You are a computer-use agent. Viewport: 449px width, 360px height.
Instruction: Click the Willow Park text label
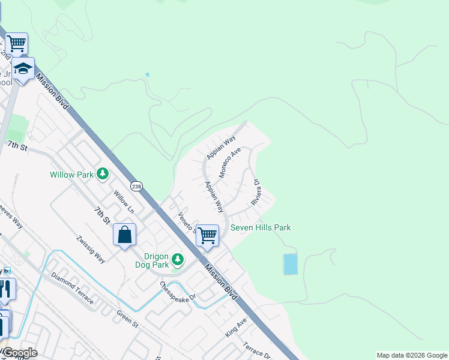pyautogui.click(x=71, y=175)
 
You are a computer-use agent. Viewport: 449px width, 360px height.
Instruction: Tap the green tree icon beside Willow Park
pyautogui.click(x=103, y=174)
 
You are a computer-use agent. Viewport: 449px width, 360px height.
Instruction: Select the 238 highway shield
pyautogui.click(x=137, y=187)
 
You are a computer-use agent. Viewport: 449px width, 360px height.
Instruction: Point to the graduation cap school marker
pyautogui.click(x=23, y=70)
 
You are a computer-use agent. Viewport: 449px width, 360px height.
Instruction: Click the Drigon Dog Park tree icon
pyautogui.click(x=177, y=259)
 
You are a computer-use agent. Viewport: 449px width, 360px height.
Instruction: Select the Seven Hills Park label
pyautogui.click(x=261, y=227)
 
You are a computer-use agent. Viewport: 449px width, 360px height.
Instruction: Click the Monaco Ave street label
pyautogui.click(x=230, y=162)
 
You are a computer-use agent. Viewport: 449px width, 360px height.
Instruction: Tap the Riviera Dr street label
pyautogui.click(x=255, y=192)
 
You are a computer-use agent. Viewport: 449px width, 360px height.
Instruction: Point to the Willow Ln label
pyautogui.click(x=123, y=202)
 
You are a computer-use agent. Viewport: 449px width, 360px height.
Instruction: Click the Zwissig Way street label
pyautogui.click(x=90, y=250)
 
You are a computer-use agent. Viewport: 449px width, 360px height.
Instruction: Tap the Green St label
pyautogui.click(x=127, y=318)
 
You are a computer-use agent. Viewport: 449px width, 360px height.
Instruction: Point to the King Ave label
pyautogui.click(x=237, y=328)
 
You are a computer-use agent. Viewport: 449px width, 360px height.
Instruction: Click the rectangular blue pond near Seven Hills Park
pyautogui.click(x=290, y=264)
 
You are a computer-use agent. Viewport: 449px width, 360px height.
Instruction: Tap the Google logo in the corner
pyautogui.click(x=19, y=353)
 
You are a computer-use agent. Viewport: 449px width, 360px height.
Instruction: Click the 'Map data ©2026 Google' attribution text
pyautogui.click(x=412, y=355)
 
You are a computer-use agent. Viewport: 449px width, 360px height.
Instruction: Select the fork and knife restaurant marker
pyautogui.click(x=6, y=289)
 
